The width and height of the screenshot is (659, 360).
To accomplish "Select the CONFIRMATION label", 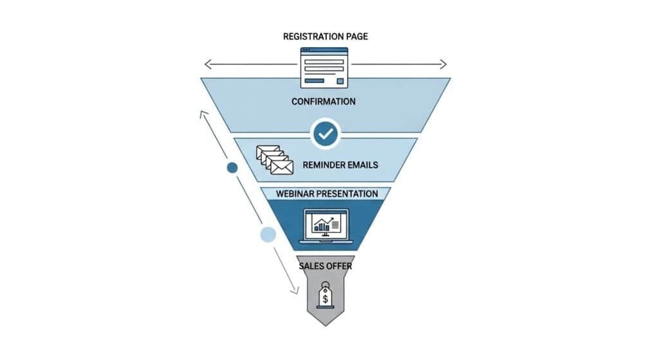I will tap(323, 102).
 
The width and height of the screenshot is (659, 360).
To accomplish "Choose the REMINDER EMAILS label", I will tap(340, 165).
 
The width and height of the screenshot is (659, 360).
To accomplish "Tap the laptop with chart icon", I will tap(326, 226).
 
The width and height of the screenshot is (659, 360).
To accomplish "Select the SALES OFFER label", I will tap(325, 265).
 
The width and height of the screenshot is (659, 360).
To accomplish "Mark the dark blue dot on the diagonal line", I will tap(233, 167).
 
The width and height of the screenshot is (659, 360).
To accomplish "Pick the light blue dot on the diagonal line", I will tap(268, 234).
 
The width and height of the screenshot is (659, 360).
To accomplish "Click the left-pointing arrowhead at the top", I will tap(207, 64).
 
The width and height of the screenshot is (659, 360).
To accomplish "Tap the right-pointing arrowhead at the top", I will tap(443, 64).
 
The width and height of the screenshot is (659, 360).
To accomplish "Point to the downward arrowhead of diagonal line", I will tap(295, 291).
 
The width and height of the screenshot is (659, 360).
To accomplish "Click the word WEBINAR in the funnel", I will tap(294, 194).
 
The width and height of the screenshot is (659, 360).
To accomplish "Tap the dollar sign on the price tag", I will tap(326, 298).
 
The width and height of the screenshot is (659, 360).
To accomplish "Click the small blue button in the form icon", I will tap(340, 81).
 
